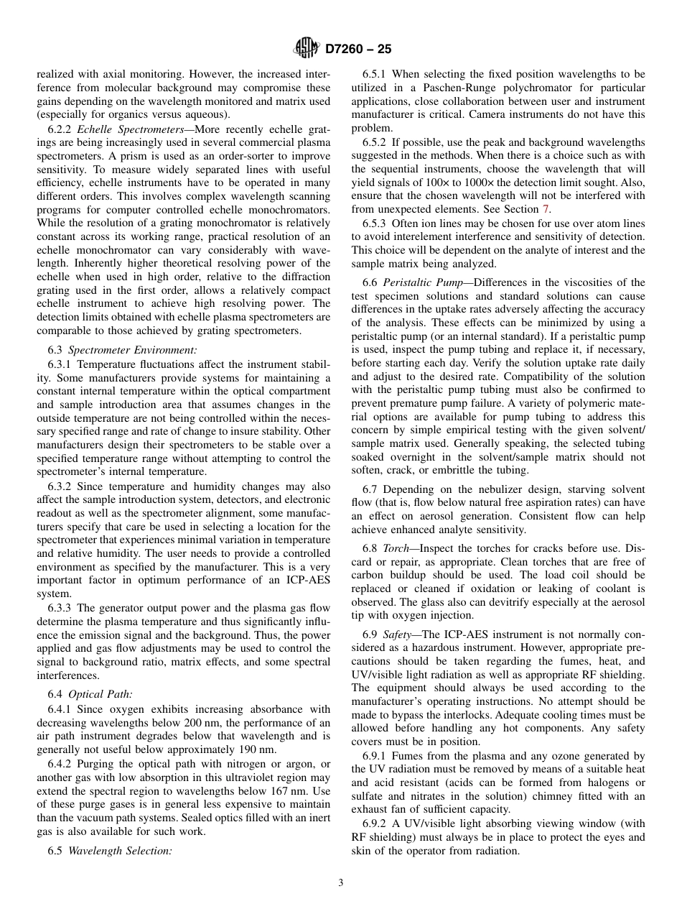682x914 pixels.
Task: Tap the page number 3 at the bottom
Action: coord(341,883)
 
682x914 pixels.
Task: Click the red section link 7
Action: coord(546,209)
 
